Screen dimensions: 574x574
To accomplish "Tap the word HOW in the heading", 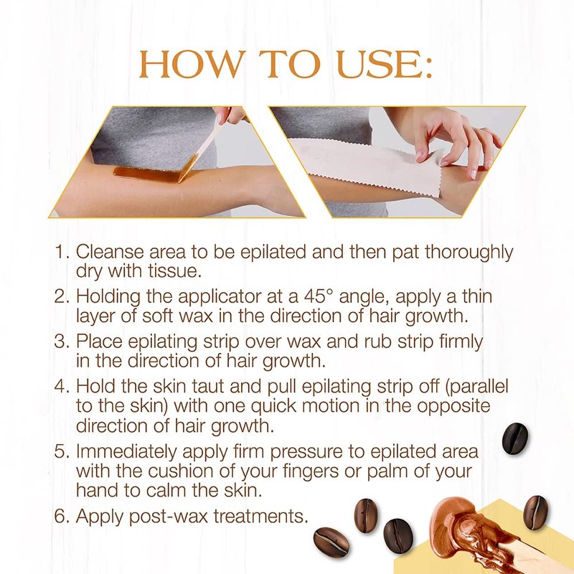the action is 191,64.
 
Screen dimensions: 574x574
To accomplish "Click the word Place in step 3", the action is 99,342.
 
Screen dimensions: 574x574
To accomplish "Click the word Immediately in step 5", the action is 126,452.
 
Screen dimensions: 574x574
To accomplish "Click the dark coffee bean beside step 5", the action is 515,438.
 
